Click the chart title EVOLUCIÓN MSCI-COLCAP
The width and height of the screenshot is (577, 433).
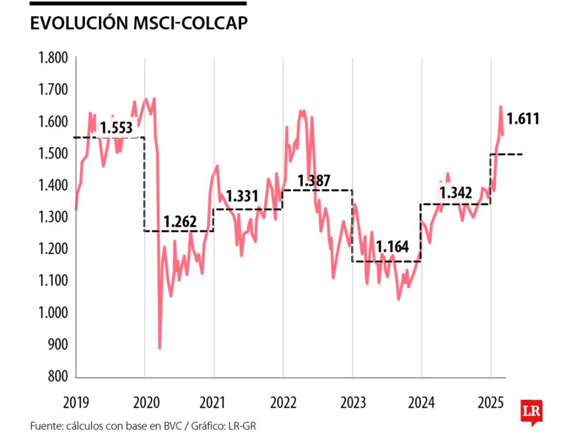point(139,23)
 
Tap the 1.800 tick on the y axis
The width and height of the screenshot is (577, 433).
point(53,58)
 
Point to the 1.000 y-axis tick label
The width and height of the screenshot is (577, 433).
point(53,313)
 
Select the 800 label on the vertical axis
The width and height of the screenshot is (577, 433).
point(58,377)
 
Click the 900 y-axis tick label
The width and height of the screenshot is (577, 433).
point(58,345)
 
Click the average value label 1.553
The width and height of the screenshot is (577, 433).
point(116,128)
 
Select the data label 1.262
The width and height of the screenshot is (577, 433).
point(179,222)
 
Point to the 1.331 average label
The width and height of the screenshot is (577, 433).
point(242,196)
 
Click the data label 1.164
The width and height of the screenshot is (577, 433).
point(392,247)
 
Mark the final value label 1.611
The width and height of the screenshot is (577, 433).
point(522,118)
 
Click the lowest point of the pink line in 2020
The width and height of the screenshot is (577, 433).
point(159,348)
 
